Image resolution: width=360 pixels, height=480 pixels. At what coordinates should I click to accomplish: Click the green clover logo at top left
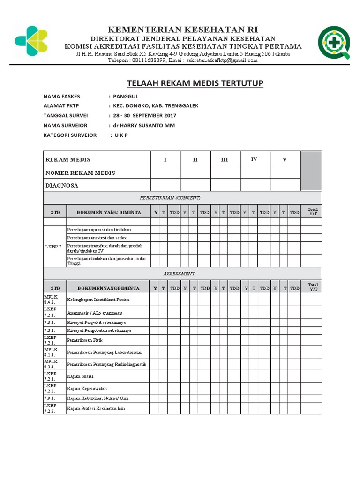(x=31, y=38)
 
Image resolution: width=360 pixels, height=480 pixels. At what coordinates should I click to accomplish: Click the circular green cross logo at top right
(x=333, y=42)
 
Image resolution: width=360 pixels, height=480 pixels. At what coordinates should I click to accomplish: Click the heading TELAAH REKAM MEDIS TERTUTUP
(x=195, y=83)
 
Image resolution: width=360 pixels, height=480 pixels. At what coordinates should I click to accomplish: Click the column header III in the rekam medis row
(x=225, y=160)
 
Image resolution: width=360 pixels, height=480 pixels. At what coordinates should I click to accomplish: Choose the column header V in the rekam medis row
(x=284, y=160)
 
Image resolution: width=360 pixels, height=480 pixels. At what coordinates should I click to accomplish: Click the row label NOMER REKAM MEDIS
(x=80, y=173)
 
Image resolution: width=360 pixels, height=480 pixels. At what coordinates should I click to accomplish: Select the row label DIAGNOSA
(x=62, y=185)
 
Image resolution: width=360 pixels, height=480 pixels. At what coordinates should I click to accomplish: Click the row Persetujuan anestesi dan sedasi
(x=97, y=238)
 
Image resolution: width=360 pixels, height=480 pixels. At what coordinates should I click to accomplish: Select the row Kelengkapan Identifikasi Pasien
(x=98, y=299)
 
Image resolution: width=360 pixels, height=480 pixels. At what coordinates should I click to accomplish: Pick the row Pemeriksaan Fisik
(x=85, y=340)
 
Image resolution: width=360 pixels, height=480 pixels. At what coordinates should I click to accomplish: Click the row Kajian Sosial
(x=80, y=376)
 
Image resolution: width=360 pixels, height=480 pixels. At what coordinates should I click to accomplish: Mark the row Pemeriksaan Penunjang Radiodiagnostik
(x=107, y=364)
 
